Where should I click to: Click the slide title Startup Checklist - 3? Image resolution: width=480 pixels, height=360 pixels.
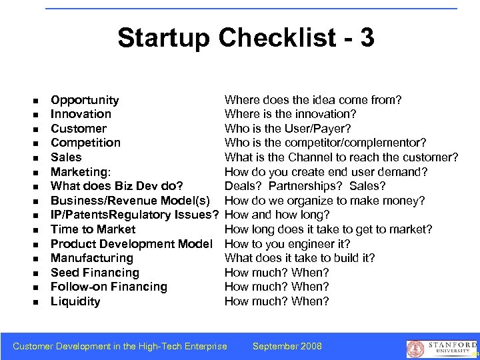pyautogui.click(x=246, y=38)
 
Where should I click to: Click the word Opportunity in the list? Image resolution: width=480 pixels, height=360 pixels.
pyautogui.click(x=85, y=100)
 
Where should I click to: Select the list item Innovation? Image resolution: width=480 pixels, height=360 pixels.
pyautogui.click(x=81, y=114)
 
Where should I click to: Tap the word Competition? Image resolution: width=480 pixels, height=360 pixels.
pyautogui.click(x=85, y=143)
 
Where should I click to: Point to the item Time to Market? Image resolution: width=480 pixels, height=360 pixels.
pyautogui.click(x=93, y=229)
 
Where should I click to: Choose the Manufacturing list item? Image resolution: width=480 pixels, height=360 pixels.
pyautogui.click(x=92, y=258)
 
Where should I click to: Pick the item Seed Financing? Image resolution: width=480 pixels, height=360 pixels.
pyautogui.click(x=95, y=273)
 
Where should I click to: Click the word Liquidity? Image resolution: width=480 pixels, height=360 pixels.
pyautogui.click(x=75, y=301)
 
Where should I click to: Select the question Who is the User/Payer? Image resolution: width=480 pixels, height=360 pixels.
pyautogui.click(x=288, y=129)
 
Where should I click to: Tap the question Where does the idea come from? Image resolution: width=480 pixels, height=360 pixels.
pyautogui.click(x=313, y=100)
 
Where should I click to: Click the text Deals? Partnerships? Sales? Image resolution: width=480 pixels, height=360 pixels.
pyautogui.click(x=305, y=186)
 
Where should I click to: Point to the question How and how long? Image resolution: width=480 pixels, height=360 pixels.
pyautogui.click(x=277, y=215)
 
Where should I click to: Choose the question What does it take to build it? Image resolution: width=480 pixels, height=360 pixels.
pyautogui.click(x=300, y=258)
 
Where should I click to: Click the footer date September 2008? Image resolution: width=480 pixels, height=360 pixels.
pyautogui.click(x=287, y=346)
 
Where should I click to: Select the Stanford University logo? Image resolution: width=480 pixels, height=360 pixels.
pyautogui.click(x=441, y=348)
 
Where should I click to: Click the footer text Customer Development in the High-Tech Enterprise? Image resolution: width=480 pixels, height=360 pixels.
pyautogui.click(x=120, y=346)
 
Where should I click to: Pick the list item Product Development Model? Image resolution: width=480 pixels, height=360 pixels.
pyautogui.click(x=131, y=244)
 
